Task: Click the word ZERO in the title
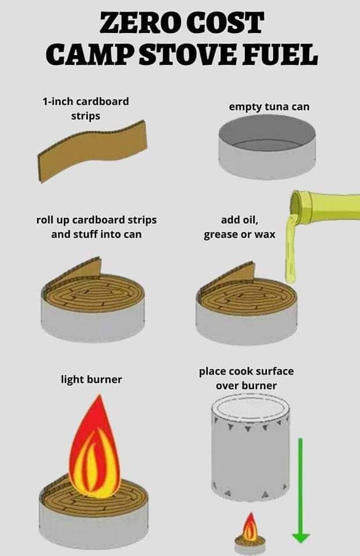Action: [141, 23]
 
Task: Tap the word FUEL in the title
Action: [280, 55]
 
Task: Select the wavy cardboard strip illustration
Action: [92, 151]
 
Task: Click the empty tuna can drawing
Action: [267, 147]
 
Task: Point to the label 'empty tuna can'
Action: [269, 107]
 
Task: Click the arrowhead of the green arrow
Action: [300, 537]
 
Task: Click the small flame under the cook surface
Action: [251, 526]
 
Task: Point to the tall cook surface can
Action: [251, 448]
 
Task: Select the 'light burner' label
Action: [91, 380]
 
